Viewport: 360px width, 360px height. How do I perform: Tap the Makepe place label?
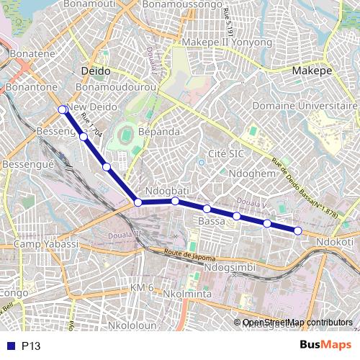[x=311, y=71]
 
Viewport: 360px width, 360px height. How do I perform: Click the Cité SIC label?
[x=226, y=154]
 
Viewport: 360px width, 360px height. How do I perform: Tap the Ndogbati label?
[x=167, y=190]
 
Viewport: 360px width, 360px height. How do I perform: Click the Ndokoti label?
[x=334, y=242]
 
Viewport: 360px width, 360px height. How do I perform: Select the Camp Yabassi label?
[x=46, y=244]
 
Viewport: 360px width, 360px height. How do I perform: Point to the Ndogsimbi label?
[x=230, y=268]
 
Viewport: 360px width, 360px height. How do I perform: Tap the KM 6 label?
[x=142, y=288]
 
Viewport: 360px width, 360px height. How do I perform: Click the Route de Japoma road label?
[x=189, y=254]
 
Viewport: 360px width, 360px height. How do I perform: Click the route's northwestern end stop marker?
[x=63, y=109]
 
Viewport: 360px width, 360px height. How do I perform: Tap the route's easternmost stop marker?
[x=297, y=230]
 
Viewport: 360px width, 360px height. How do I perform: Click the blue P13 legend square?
[x=9, y=346]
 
